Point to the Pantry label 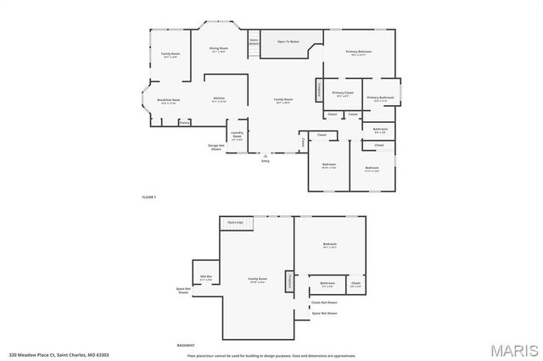(x=184, y=122)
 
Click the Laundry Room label (x=238, y=136)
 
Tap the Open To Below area (x=292, y=42)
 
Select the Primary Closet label (x=343, y=94)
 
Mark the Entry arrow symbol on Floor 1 (x=266, y=157)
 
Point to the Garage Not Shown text (x=216, y=147)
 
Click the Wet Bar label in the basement (x=205, y=277)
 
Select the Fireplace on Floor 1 (x=319, y=89)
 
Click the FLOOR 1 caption (x=149, y=197)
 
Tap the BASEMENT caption (x=185, y=346)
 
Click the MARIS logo (x=514, y=349)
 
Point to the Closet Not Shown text (x=323, y=303)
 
